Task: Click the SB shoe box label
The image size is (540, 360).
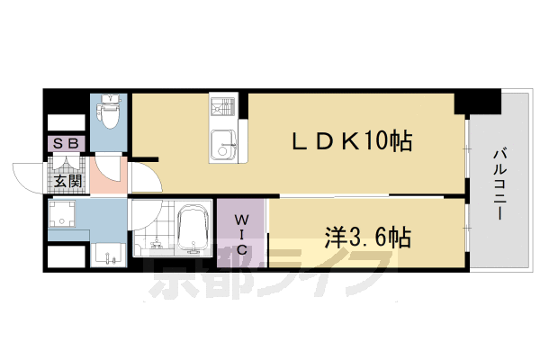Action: pos(65,143)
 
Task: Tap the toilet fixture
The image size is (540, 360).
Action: pos(107,115)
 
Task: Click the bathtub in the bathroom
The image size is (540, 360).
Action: pos(190,230)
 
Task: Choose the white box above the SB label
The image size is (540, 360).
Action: pos(65,121)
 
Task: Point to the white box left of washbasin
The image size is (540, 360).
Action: pos(65,255)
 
